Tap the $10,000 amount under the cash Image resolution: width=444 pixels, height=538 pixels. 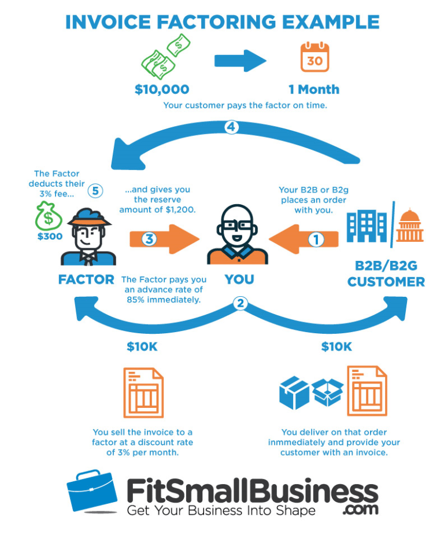pos(162,90)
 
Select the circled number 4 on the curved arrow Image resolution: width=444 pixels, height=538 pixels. pos(231,127)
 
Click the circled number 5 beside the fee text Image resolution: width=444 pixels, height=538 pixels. pos(95,191)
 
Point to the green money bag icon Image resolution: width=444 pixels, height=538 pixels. pos(49,216)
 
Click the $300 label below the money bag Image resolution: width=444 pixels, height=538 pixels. pos(50,237)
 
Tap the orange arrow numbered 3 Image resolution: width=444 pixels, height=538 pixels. pos(164,239)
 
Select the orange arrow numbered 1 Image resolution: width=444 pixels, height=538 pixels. pos(304,239)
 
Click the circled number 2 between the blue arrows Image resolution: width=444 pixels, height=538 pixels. pos(240,303)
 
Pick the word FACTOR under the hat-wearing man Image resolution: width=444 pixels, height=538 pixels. pos(86,279)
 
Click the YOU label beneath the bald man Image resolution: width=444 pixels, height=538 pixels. pos(239,279)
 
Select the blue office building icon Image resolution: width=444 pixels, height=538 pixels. pos(367,226)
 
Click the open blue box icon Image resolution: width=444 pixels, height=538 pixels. pos(328,392)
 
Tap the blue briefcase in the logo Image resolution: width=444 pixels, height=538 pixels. pos(91,491)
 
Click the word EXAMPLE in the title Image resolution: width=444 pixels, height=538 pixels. pos(331,23)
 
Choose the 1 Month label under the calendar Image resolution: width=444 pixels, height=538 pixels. pos(314,90)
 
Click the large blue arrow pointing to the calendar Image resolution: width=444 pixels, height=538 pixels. pos(240,61)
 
